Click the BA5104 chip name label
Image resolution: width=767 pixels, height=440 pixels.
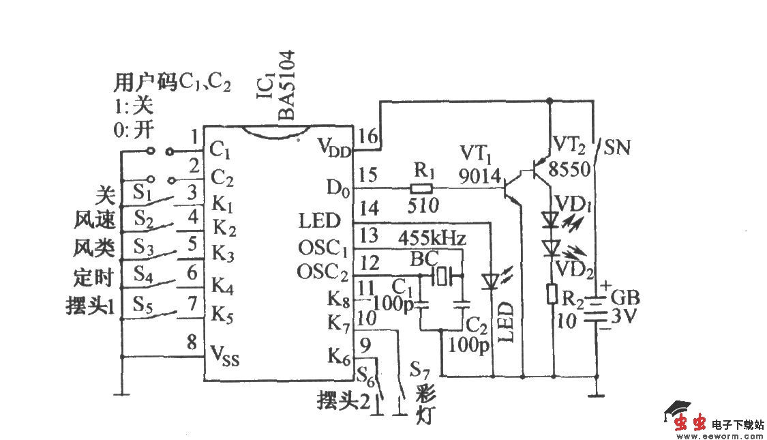click(286, 85)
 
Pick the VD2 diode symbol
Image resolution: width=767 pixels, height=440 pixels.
click(552, 247)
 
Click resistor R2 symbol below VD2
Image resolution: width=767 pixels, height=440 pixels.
click(552, 294)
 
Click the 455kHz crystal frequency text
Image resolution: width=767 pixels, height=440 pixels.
click(432, 239)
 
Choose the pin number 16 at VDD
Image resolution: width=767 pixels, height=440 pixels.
click(367, 136)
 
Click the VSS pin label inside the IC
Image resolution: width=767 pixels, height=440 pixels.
click(226, 355)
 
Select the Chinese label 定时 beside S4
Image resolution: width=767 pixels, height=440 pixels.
click(93, 278)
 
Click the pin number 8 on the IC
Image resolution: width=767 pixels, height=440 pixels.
click(192, 342)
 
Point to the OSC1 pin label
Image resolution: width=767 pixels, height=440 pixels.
click(322, 246)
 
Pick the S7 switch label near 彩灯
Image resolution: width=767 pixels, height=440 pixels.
click(419, 371)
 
